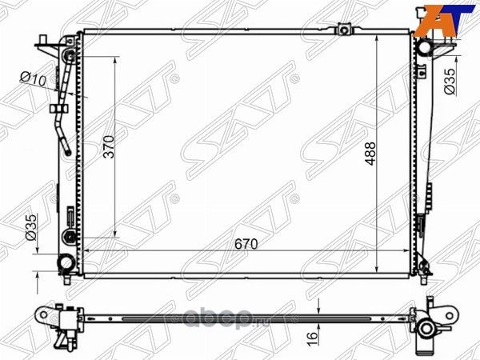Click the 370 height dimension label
(110, 147)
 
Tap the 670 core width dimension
(246, 244)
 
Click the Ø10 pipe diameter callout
(33, 78)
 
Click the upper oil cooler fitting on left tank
(70, 56)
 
